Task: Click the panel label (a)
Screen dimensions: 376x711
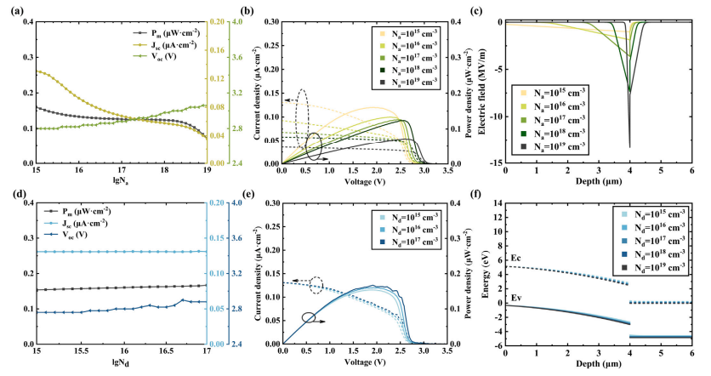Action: (x=10, y=11)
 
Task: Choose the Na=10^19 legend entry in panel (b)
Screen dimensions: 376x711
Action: (x=407, y=82)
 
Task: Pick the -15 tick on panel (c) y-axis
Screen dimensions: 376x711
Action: (x=497, y=162)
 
